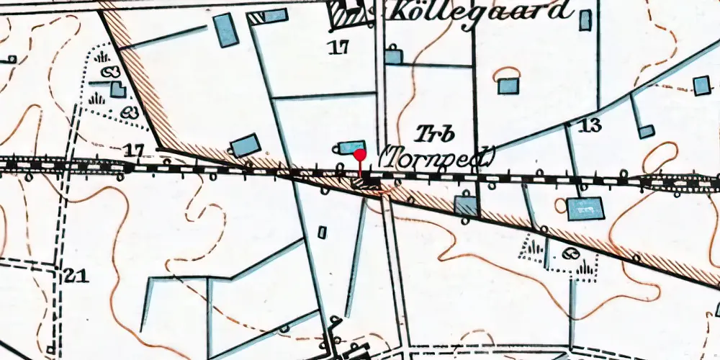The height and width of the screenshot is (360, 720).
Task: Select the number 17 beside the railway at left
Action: pyautogui.click(x=134, y=151)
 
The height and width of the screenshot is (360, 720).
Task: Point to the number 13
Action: pyautogui.click(x=589, y=125)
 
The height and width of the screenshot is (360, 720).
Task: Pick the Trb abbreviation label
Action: pyautogui.click(x=429, y=133)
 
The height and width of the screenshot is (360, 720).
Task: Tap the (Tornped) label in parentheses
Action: pyautogui.click(x=438, y=156)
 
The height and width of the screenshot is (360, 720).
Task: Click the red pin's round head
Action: pyautogui.click(x=359, y=154)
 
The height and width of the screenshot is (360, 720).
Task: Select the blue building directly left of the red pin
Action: pyautogui.click(x=351, y=147)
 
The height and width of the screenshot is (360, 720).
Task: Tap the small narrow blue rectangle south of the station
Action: pyautogui.click(x=322, y=232)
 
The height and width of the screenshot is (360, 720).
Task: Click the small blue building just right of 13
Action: pyautogui.click(x=647, y=131)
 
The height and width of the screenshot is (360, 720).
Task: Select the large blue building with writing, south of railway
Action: pyautogui.click(x=583, y=209)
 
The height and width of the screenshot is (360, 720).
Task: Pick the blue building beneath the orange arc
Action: pyautogui.click(x=508, y=86)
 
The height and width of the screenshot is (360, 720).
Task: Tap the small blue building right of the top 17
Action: pyautogui.click(x=392, y=56)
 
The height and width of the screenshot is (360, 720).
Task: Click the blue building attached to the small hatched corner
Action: pyautogui.click(x=274, y=15)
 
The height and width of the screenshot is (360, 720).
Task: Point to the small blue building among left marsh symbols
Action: pyautogui.click(x=117, y=89)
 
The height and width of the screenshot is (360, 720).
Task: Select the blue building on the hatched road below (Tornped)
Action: pyautogui.click(x=466, y=207)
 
